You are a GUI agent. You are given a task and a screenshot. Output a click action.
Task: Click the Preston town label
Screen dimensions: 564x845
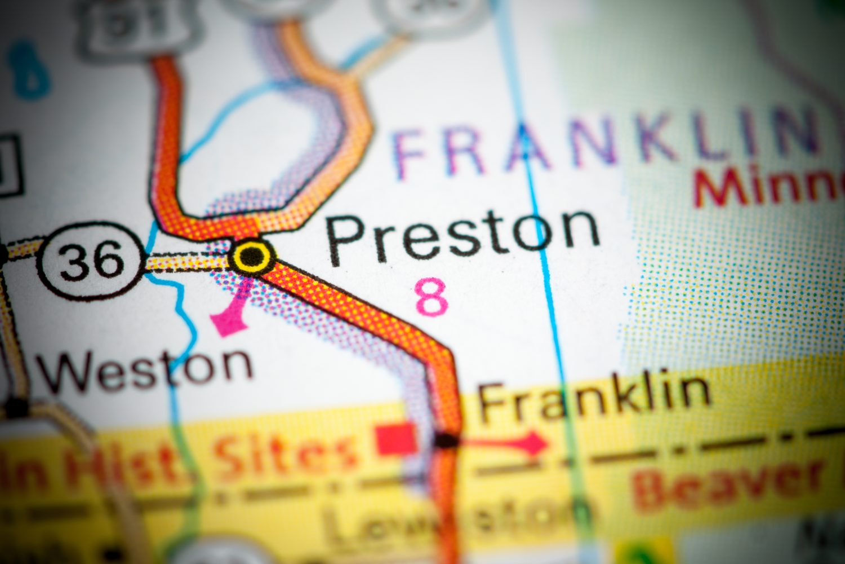point(463,237)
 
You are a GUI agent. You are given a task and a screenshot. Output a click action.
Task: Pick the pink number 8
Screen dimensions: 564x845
point(432,297)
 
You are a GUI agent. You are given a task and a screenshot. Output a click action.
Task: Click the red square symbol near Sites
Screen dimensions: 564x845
point(396,439)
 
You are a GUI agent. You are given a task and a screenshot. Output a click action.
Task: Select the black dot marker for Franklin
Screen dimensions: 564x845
point(447,440)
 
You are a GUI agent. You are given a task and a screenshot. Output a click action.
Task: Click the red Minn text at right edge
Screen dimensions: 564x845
point(772,186)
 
